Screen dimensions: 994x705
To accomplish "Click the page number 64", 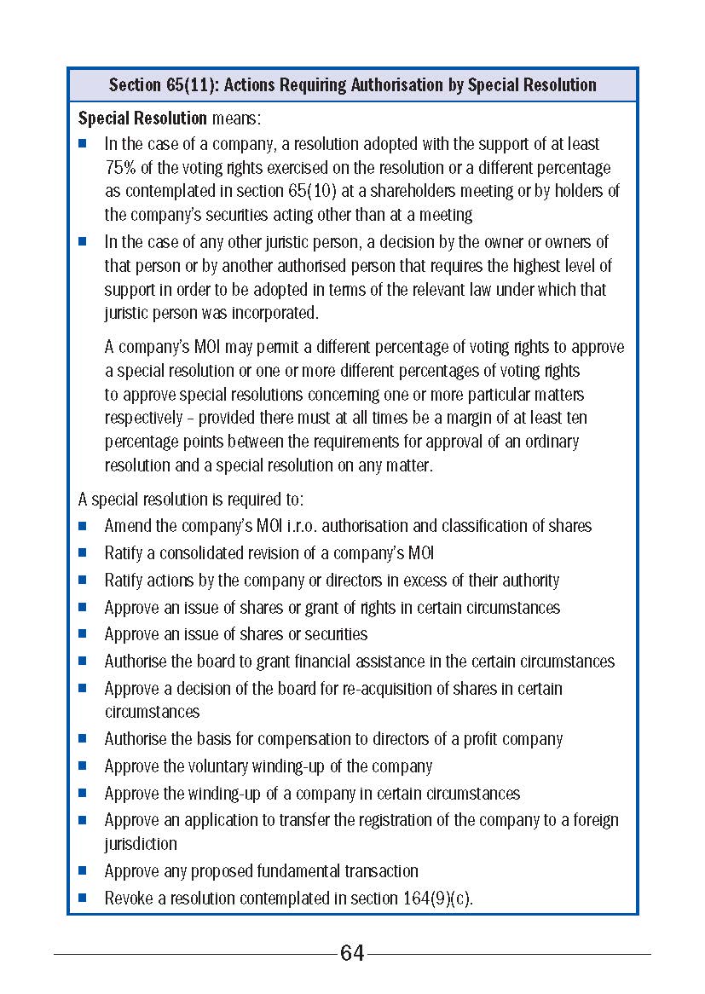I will click(352, 953).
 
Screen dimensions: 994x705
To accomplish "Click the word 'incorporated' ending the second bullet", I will click(274, 313).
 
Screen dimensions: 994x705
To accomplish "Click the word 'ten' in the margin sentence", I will click(575, 418).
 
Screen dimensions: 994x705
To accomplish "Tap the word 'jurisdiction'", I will click(141, 844).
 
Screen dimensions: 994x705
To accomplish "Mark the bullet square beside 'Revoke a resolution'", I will click(83, 898).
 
